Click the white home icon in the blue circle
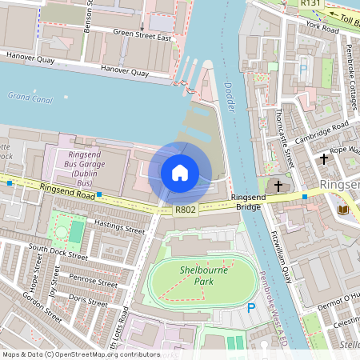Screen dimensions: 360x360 click(180, 172)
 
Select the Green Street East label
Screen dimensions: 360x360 click(142, 34)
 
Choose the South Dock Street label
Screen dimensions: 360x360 click(58, 253)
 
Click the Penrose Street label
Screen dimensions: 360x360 click(93, 282)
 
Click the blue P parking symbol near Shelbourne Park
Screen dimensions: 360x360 click(251, 308)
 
